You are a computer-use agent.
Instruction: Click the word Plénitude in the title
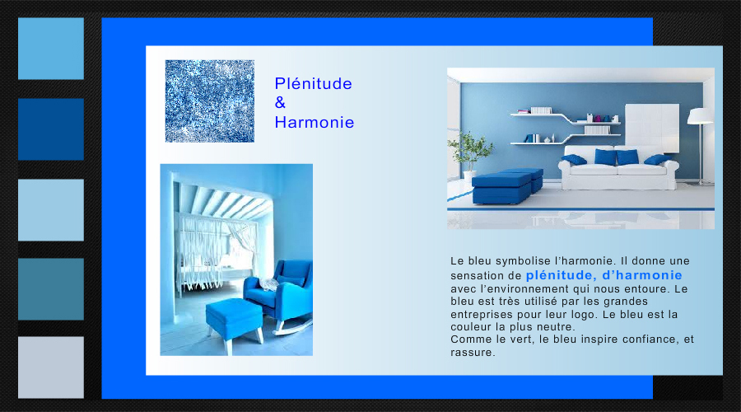[x=314, y=83]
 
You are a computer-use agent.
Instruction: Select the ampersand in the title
[x=280, y=103]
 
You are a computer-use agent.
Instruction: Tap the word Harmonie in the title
[x=315, y=123]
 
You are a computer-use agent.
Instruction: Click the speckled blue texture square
[x=210, y=101]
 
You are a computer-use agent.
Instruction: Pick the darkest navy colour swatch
[x=51, y=129]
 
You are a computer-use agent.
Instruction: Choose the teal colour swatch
[x=51, y=289]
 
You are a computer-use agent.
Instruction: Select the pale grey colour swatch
[x=51, y=368]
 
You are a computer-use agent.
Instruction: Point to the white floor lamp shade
[x=700, y=116]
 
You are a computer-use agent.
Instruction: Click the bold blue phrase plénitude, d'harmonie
[x=604, y=275]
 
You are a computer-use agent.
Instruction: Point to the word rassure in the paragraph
[x=472, y=353]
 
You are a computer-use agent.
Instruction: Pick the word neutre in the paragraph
[x=558, y=327]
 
